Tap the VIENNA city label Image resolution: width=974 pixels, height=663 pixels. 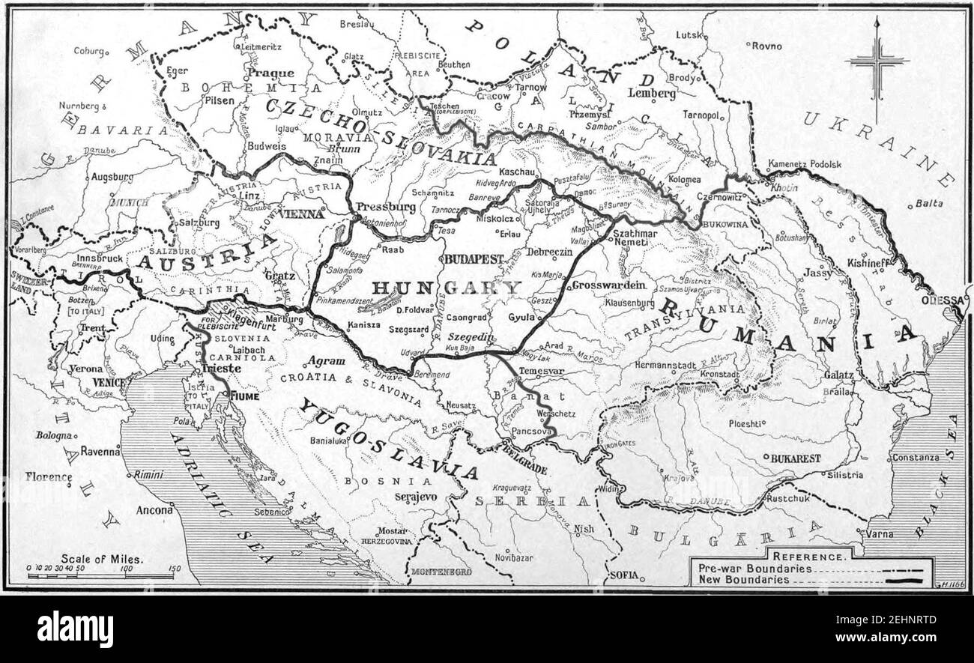click(x=300, y=214)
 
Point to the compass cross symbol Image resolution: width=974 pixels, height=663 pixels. click(x=877, y=62)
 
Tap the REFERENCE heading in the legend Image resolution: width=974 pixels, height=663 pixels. click(x=811, y=557)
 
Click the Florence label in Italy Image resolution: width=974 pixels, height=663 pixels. click(x=49, y=476)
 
